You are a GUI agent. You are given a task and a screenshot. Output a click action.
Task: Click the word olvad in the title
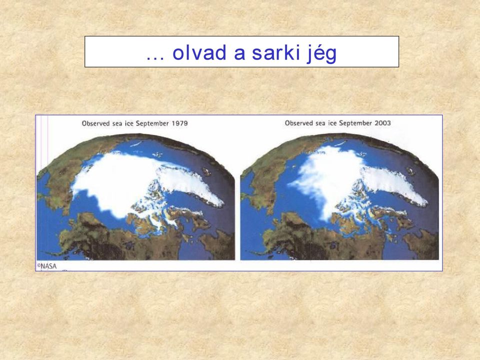pos(199,52)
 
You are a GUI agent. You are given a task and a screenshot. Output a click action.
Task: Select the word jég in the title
pos(321,53)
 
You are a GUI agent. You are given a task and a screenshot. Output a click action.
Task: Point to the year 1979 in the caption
pos(179,123)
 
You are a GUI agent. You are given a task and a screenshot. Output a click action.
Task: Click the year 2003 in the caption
pos(382,123)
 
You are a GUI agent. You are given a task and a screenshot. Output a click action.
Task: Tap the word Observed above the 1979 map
pos(95,123)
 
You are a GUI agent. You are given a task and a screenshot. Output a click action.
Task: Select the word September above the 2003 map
pos(355,123)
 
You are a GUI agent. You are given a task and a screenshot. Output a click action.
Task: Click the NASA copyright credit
pos(47,266)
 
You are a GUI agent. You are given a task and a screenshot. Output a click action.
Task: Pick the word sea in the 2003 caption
pos(319,123)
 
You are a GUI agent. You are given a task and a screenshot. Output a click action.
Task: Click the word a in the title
pos(239,54)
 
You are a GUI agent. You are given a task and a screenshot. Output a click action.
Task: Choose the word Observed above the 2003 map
pos(299,123)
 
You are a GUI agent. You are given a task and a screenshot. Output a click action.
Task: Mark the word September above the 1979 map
pos(152,123)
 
